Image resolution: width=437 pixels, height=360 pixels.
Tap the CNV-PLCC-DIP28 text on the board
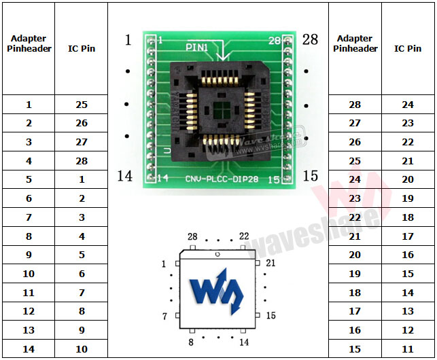(x=221, y=179)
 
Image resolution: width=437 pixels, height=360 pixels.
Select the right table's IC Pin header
(x=408, y=48)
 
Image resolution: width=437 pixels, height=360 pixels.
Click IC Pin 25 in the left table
(x=82, y=105)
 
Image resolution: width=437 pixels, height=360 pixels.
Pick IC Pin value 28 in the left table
(x=82, y=161)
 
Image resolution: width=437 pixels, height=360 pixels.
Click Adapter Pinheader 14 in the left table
(x=29, y=349)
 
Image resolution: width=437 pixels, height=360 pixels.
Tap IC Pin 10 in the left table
(x=82, y=349)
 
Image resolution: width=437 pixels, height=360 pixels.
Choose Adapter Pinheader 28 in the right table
(x=355, y=105)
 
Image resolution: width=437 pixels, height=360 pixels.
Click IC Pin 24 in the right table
(x=408, y=105)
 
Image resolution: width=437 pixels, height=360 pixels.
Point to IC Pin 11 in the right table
(x=408, y=349)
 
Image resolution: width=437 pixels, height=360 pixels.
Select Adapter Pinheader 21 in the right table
(x=355, y=236)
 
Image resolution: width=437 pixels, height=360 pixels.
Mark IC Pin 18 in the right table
(x=408, y=217)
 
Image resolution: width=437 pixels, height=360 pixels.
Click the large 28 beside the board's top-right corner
(x=310, y=39)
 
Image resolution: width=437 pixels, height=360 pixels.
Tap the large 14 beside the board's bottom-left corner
(x=124, y=176)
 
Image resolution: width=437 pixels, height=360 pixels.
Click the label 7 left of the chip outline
(x=164, y=317)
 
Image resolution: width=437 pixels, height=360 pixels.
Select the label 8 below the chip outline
(x=192, y=342)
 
